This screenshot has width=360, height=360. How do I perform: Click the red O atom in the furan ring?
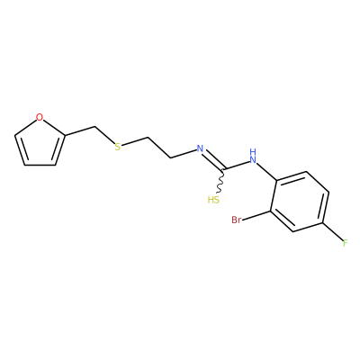pos(40,117)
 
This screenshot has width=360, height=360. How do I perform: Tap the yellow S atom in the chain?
pos(118,147)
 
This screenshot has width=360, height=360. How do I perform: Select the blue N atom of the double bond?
pos(200,148)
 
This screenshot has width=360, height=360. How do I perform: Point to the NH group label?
pos(253,156)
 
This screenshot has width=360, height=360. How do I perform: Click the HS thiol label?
pos(213,200)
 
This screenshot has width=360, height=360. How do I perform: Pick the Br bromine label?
pos(237,220)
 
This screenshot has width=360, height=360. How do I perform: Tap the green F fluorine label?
pos(345,243)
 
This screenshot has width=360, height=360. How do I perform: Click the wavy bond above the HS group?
pos(220,181)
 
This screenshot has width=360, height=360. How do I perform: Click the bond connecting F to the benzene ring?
pos(332,231)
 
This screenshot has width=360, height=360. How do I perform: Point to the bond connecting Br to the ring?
pos(256,216)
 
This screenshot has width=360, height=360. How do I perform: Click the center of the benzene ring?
pos(300,202)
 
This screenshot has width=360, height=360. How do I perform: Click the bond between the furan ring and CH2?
pos(80,131)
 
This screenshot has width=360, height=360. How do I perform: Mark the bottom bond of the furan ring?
pos(40,165)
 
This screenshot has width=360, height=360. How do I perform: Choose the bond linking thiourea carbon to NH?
pos(237,165)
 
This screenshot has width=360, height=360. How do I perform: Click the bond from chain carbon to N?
pos(183,154)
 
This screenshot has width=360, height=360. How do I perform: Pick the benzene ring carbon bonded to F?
pos(323,223)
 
